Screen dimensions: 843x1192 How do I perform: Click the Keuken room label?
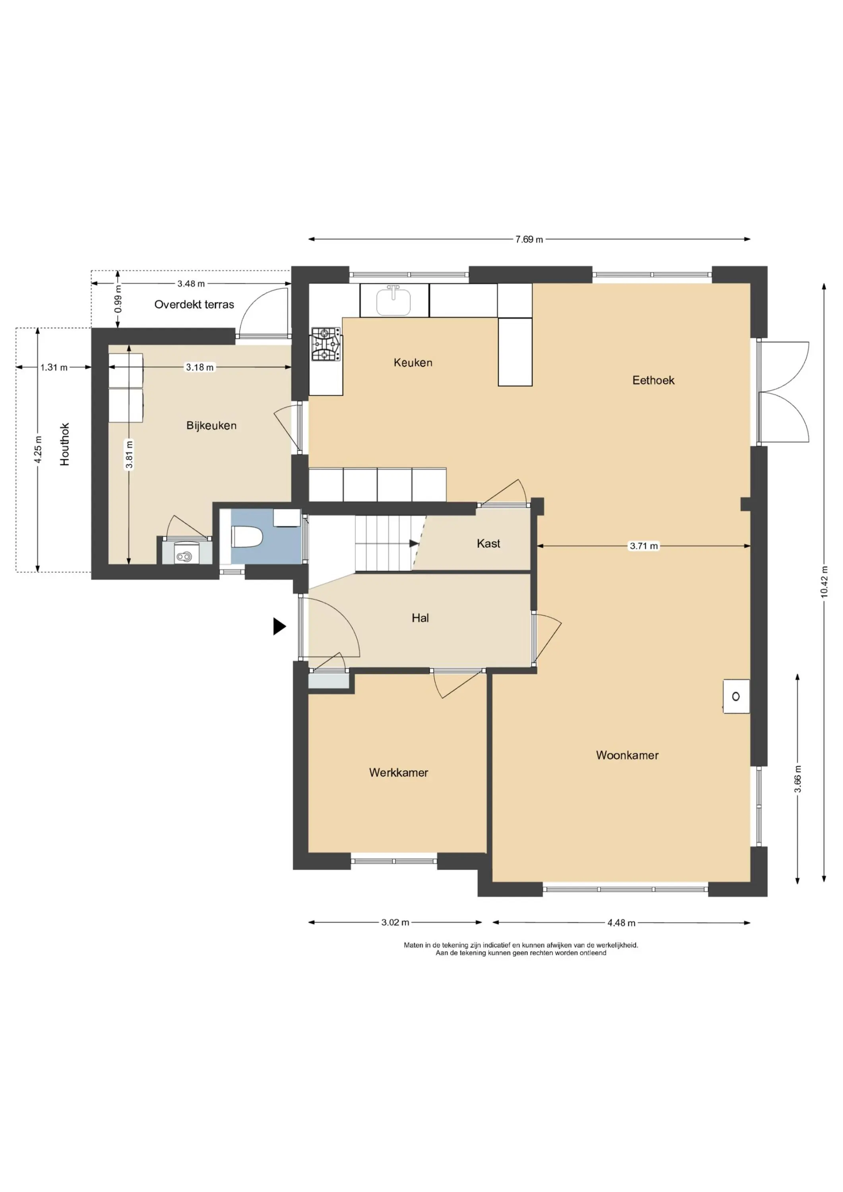pos(413,362)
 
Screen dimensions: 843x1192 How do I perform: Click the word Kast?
pos(488,543)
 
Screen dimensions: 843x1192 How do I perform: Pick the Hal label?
pos(420,617)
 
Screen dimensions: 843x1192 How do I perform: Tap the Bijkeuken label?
pos(211,425)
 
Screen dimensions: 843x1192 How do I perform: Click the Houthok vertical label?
pos(64,444)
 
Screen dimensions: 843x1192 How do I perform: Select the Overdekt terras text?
pos(194,304)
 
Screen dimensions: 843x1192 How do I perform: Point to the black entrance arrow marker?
pos(279,626)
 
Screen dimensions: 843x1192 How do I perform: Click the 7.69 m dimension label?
pos(529,239)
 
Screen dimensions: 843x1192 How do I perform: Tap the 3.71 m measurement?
pos(643,546)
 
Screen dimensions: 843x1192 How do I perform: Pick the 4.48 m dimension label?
pos(621,923)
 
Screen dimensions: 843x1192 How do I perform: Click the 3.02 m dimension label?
pos(395,922)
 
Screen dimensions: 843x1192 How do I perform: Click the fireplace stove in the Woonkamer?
pos(736,696)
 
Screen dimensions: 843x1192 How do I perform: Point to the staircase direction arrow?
pos(414,544)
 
